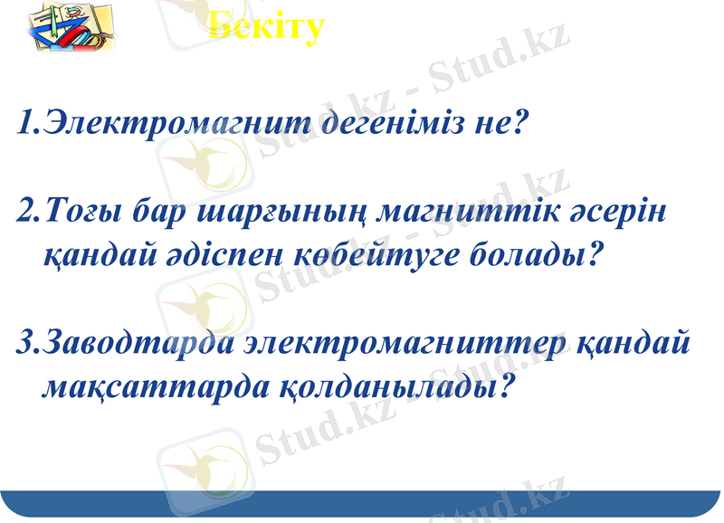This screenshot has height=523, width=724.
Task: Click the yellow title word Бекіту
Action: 266,27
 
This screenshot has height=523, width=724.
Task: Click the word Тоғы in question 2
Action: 82,214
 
